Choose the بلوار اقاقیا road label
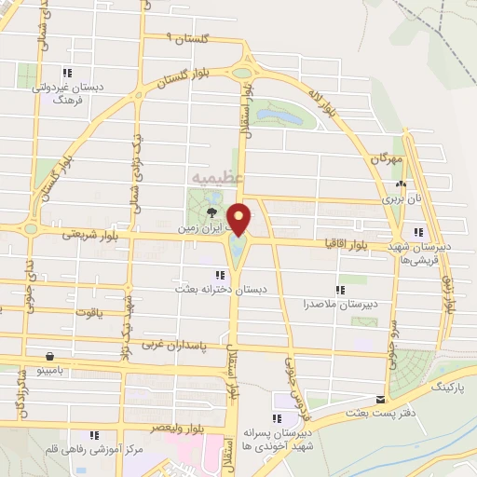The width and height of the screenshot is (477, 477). [x=343, y=243]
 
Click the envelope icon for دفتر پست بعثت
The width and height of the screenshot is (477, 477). [x=379, y=400]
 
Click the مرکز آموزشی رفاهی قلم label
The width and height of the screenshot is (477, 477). [x=96, y=449]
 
